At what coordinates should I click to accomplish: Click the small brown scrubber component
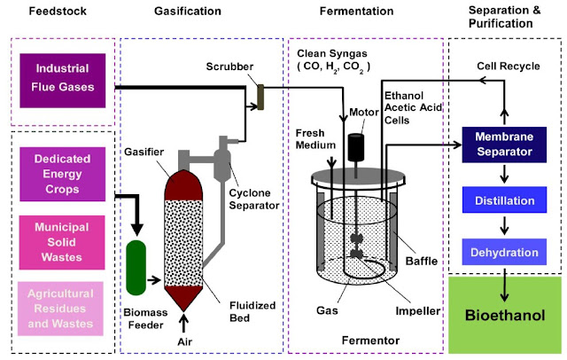(261, 96)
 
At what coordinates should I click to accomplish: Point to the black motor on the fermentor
(358, 147)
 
